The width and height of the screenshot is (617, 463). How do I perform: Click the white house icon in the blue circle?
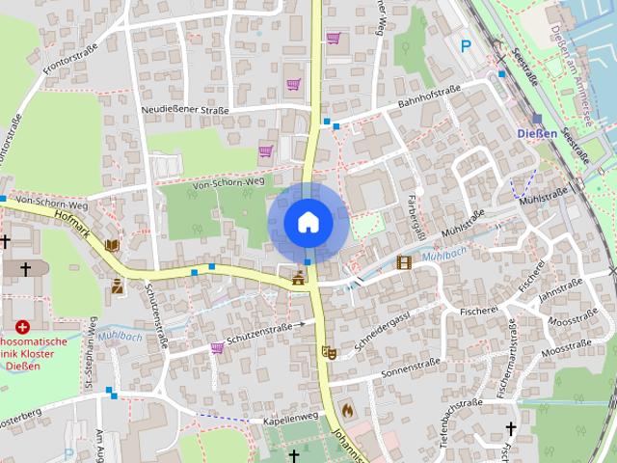click(308, 222)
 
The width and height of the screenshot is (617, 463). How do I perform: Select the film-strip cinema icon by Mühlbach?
click(404, 261)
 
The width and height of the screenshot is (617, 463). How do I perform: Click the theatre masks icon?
click(328, 353)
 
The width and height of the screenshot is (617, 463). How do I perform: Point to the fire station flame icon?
click(347, 410)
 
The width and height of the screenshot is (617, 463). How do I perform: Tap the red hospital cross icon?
click(22, 328)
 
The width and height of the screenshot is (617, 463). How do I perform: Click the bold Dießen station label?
click(537, 133)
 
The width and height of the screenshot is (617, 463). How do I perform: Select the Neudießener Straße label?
click(184, 110)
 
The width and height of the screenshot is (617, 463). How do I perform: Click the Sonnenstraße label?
click(410, 367)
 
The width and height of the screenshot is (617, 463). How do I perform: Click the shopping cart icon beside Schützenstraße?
click(218, 347)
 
